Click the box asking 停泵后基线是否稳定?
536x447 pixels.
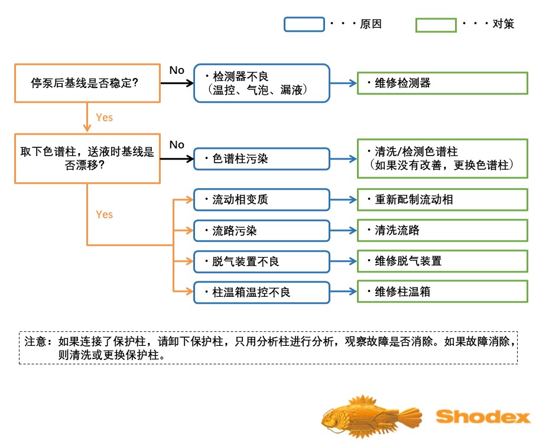[87, 83]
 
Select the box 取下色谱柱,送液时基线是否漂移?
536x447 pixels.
[87, 158]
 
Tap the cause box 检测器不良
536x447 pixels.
[261, 83]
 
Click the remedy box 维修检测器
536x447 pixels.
[442, 83]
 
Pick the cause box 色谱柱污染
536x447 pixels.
[261, 159]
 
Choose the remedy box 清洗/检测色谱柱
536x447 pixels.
[442, 158]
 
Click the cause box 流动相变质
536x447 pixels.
[261, 200]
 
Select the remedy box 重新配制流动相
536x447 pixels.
[442, 200]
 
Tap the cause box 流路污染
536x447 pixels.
[261, 231]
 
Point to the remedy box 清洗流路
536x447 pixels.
[442, 231]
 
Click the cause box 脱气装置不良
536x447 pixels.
[261, 261]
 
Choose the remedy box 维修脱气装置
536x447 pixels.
[442, 261]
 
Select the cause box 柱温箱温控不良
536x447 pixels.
[261, 292]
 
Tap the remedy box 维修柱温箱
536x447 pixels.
[442, 292]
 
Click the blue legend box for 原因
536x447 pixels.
[304, 24]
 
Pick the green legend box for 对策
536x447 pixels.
[436, 25]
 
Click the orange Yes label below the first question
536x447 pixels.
[104, 118]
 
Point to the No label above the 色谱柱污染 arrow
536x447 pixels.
[177, 145]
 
